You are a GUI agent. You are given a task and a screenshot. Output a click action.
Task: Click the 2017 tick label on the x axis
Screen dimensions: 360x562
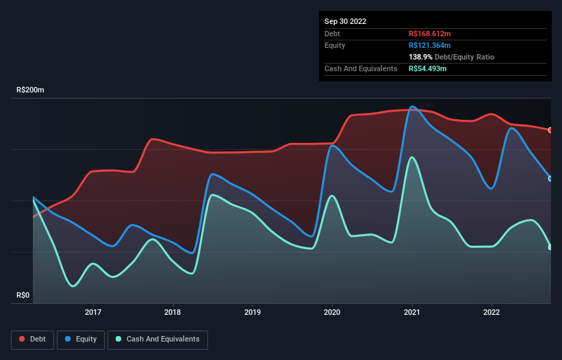[x=93, y=312]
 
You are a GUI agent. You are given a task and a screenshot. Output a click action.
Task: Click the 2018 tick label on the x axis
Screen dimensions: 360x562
[x=173, y=312]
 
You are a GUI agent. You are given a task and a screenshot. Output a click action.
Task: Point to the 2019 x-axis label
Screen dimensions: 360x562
[x=253, y=312]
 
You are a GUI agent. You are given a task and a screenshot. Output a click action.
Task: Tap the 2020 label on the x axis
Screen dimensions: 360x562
[x=332, y=312]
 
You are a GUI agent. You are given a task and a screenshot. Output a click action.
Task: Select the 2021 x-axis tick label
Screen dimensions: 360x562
[x=412, y=312]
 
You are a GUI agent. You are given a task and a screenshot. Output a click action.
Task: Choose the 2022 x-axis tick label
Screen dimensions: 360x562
[x=491, y=312]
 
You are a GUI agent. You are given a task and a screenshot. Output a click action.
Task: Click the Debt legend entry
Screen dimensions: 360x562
[x=34, y=339]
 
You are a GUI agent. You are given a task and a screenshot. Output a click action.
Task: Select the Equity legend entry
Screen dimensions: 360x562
[x=81, y=339]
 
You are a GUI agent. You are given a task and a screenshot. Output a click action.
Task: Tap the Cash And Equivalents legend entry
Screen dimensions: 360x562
[x=157, y=339]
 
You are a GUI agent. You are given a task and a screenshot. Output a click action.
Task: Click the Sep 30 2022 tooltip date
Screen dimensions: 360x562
[x=345, y=21]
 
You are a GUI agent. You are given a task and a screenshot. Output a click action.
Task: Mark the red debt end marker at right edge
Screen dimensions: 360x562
[x=550, y=130]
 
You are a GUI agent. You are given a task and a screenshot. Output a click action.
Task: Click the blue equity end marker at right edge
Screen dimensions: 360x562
[x=550, y=179]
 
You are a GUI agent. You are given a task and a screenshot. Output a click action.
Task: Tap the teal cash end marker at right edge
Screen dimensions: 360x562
[x=550, y=247]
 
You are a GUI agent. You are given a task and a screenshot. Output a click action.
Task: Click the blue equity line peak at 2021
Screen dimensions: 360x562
[x=412, y=107]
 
